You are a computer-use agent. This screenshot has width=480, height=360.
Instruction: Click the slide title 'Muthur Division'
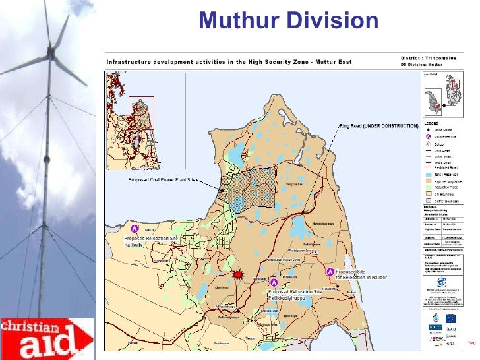pos(289,22)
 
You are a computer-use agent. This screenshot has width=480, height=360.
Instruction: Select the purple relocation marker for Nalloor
pos(330,271)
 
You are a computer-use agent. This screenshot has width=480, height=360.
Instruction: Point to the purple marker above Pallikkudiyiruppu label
pos(275,283)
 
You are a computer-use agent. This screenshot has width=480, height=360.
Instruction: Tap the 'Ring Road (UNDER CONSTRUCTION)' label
pos(378,125)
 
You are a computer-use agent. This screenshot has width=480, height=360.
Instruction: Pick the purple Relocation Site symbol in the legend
pos(428,136)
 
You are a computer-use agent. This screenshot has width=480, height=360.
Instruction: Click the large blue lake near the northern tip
pos(235,156)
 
